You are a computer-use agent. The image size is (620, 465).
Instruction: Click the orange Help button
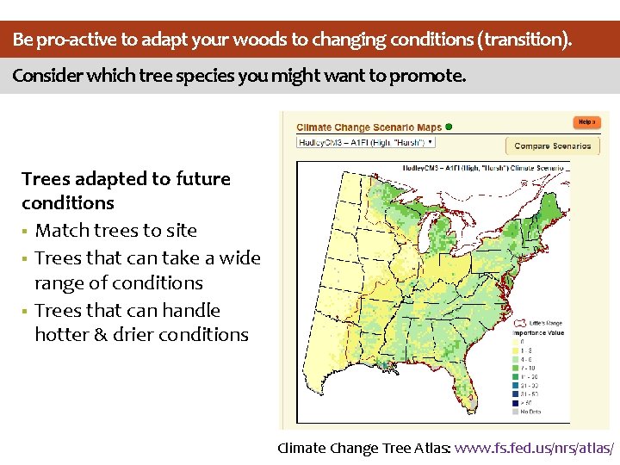click(x=586, y=123)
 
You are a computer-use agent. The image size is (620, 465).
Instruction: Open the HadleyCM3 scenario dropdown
click(x=366, y=143)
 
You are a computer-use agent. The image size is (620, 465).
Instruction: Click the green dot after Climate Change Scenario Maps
click(x=449, y=127)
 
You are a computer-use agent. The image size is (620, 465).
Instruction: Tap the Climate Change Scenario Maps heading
click(x=369, y=127)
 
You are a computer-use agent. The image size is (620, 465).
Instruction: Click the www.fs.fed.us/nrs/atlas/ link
click(x=534, y=448)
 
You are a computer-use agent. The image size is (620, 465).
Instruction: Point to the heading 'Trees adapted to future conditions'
click(x=126, y=190)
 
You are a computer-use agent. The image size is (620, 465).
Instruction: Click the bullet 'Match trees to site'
click(x=115, y=230)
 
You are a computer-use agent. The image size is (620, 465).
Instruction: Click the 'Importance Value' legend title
click(x=538, y=332)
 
